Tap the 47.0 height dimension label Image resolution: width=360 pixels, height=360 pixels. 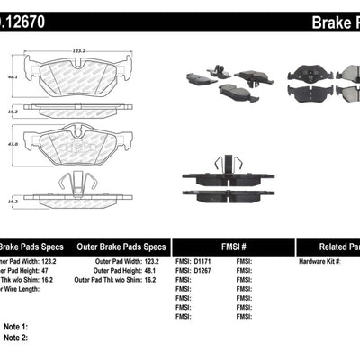(13, 142)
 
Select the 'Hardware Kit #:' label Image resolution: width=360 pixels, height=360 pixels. (319, 261)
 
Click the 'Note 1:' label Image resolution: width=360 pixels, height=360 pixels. (15, 327)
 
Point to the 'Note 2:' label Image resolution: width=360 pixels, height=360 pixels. (15, 338)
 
